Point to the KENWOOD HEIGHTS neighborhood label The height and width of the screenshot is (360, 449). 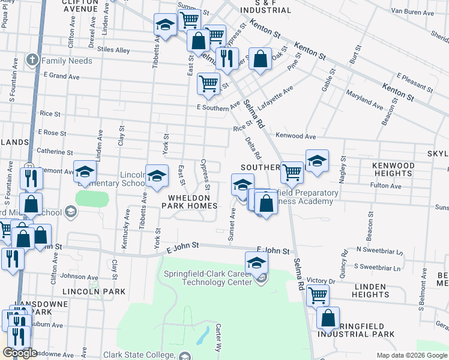tap(402, 169)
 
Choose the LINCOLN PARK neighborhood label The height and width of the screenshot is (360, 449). tap(94, 292)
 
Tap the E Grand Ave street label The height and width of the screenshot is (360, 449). tap(62, 76)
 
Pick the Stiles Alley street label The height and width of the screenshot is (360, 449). tap(113, 50)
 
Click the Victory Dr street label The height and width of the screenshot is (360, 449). tap(321, 280)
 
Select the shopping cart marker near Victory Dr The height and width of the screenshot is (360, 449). tap(318, 295)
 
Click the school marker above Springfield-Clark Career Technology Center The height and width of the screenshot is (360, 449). tap(256, 262)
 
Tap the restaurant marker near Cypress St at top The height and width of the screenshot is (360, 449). tap(227, 58)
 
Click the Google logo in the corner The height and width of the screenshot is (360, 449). tap(20, 353)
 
